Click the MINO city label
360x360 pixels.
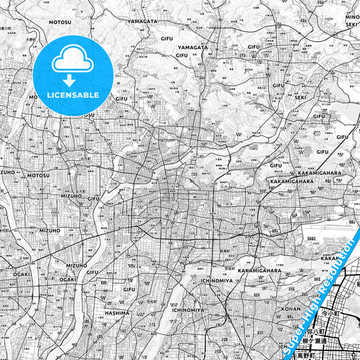pyautogui.click(x=351, y=17)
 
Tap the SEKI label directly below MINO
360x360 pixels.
pyautogui.click(x=351, y=24)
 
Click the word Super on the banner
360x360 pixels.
pyautogui.click(x=292, y=340)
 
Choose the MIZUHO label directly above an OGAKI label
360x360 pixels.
pyautogui.click(x=76, y=266)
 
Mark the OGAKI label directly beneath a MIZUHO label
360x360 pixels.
pyautogui.click(x=68, y=279)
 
